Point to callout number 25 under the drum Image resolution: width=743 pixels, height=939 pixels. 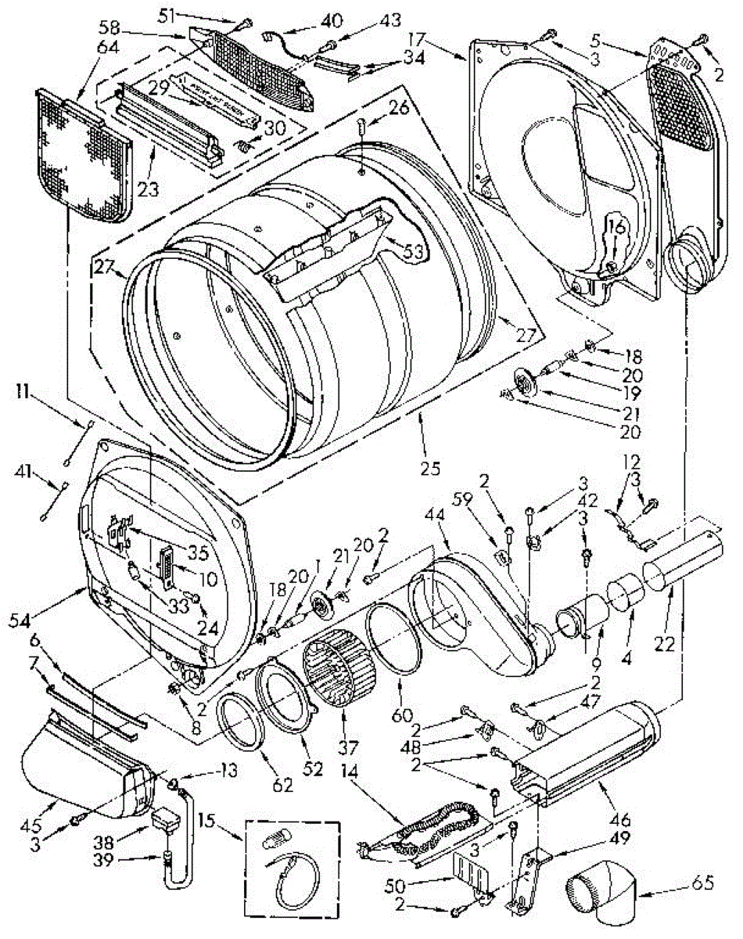(x=429, y=469)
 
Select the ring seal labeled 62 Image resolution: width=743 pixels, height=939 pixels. (x=238, y=721)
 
